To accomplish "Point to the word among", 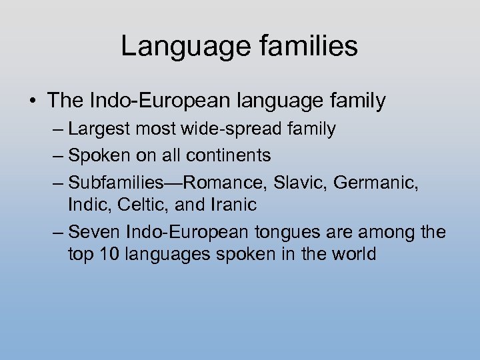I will (384, 232).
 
